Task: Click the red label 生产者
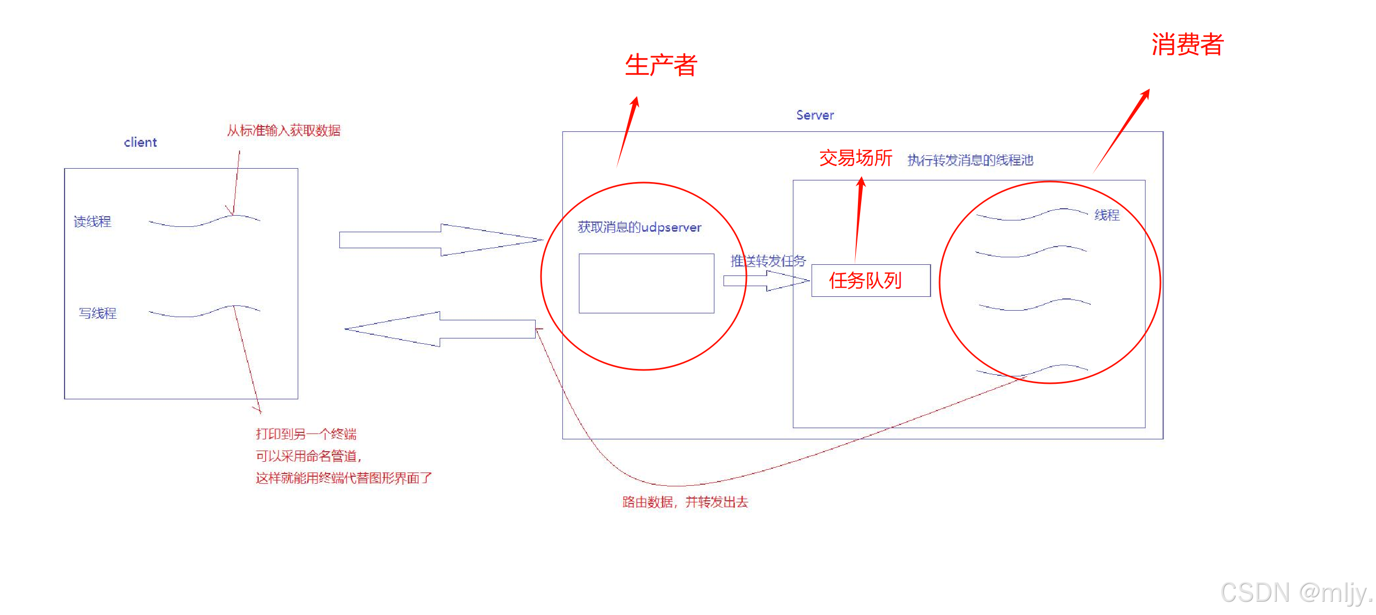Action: tap(661, 65)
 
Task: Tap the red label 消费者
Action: tap(1187, 44)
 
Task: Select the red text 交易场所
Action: tap(855, 158)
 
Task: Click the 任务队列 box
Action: tap(870, 280)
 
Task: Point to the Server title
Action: tap(815, 115)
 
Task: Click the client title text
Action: tap(140, 143)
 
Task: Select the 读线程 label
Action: tap(92, 222)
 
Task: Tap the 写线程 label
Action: tap(98, 313)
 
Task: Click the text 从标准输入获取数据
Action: tap(284, 131)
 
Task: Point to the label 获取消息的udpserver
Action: tap(639, 227)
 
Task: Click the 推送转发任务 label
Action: tap(768, 261)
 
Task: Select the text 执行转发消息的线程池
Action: tap(970, 160)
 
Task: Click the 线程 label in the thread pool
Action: tap(1107, 215)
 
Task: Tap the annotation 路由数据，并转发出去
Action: tap(685, 502)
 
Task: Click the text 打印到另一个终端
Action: tap(306, 434)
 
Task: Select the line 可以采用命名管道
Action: tap(308, 456)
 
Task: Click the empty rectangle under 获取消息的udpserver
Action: tap(646, 283)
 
